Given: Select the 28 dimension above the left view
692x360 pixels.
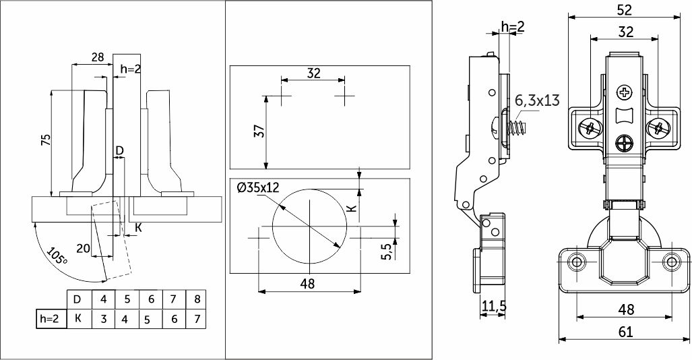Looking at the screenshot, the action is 98,57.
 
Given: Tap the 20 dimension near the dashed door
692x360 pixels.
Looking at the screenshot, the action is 84,248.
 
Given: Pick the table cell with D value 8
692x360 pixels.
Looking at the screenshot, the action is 197,299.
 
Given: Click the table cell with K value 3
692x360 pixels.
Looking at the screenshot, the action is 103,318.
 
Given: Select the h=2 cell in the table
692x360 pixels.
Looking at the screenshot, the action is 51,318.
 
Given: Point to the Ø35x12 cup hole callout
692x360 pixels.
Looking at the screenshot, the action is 258,187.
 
